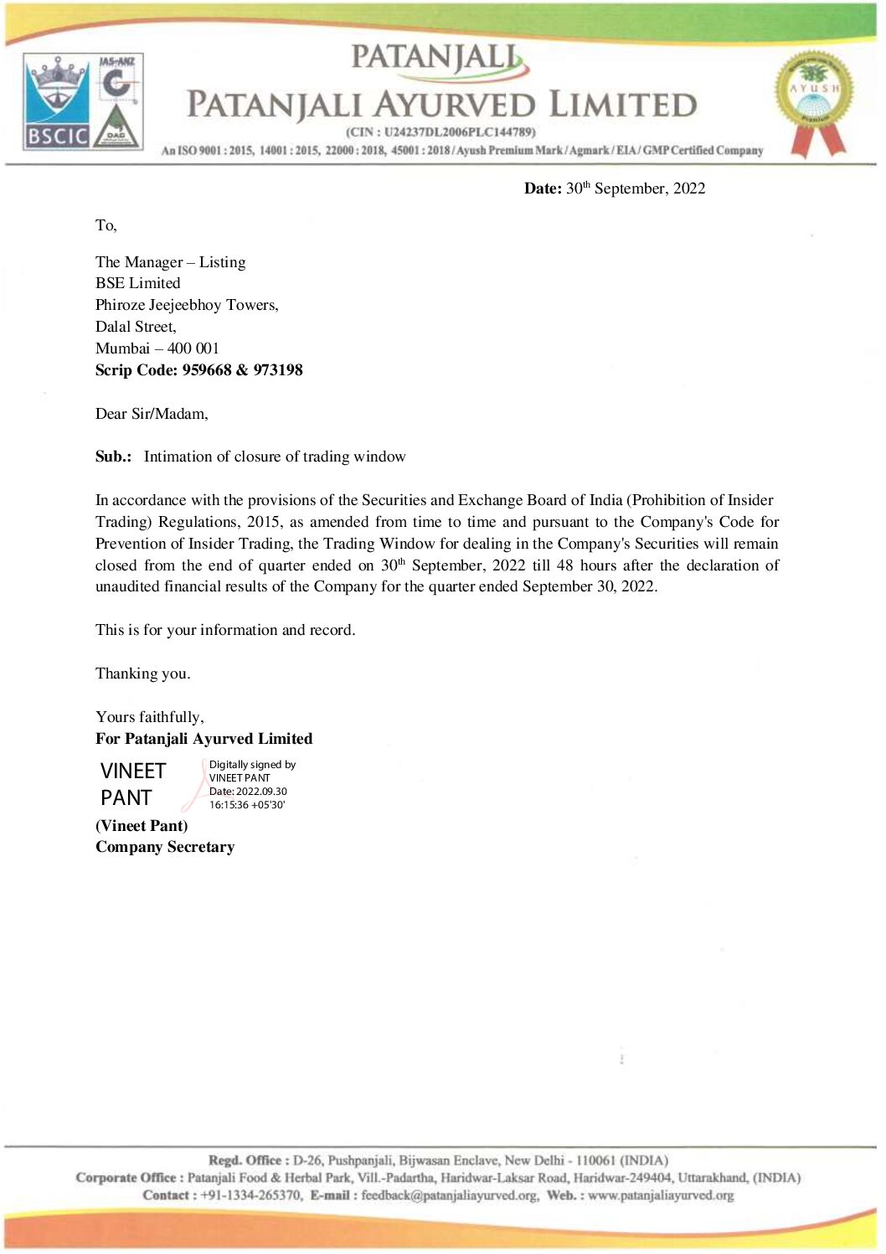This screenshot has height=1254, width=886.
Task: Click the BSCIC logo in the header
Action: click(x=57, y=102)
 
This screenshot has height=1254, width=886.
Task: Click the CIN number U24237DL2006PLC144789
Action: click(x=458, y=132)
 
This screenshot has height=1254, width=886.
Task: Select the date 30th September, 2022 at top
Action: click(x=635, y=188)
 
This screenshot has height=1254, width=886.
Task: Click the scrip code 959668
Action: click(x=206, y=370)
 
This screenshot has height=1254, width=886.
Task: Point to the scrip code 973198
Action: click(x=278, y=370)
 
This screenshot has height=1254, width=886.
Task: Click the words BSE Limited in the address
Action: click(x=137, y=283)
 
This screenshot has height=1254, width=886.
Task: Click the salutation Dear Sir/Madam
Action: click(x=152, y=414)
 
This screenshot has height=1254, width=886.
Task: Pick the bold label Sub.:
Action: click(x=113, y=457)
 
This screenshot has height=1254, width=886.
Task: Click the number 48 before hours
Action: click(x=564, y=565)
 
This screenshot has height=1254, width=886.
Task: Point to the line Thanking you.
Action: click(x=142, y=673)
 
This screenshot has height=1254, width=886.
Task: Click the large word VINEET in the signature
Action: click(x=133, y=771)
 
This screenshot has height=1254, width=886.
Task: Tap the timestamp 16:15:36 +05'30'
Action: click(x=247, y=805)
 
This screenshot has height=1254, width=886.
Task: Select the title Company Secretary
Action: click(x=165, y=847)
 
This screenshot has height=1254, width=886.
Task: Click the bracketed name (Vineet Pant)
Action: click(x=142, y=825)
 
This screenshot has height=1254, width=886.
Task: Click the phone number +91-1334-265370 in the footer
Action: click(x=251, y=1195)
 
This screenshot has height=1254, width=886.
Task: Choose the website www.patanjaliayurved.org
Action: click(x=660, y=1195)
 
